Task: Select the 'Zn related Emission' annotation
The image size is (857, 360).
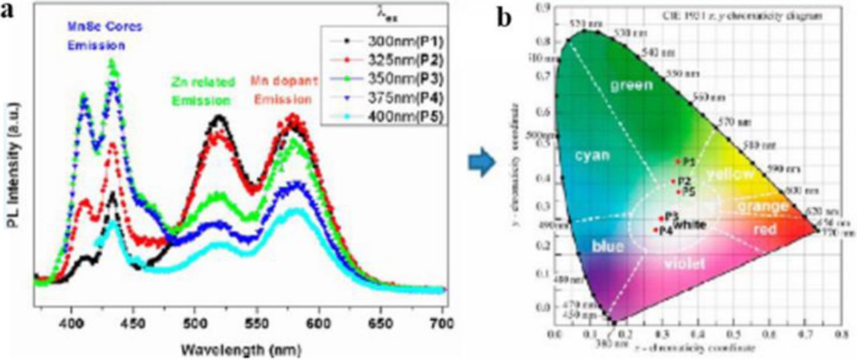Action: (211, 92)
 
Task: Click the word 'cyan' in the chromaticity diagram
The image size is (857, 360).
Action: (592, 155)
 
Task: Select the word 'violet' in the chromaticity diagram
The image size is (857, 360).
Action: (684, 264)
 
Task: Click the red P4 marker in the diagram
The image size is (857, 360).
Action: (655, 230)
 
